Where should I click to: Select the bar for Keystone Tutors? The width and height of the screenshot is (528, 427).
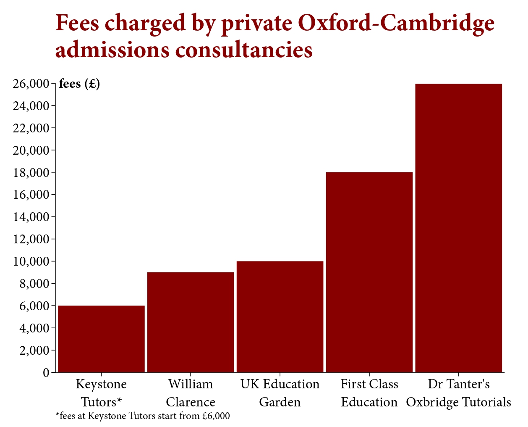point(101,339)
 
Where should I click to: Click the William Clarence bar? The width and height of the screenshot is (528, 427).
point(191,322)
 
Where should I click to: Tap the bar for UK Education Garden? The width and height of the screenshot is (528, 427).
point(280,316)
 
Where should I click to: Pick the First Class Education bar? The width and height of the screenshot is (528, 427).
point(369,272)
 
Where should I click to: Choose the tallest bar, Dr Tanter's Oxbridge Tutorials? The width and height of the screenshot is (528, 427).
point(458,228)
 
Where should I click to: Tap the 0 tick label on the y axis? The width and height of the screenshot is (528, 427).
point(46,373)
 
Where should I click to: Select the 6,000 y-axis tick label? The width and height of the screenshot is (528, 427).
point(34,306)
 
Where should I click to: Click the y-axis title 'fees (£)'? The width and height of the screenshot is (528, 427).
point(79,84)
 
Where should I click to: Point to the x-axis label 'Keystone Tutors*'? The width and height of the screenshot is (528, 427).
point(101,393)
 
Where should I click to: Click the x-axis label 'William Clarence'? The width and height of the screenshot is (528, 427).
point(191,393)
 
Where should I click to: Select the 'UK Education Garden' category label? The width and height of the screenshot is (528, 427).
point(280,393)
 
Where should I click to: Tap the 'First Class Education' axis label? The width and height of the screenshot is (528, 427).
point(369,393)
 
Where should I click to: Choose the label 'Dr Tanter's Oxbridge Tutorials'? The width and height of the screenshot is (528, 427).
point(458,393)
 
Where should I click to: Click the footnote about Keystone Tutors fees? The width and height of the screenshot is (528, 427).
point(143,416)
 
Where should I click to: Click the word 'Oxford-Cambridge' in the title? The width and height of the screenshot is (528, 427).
point(396,23)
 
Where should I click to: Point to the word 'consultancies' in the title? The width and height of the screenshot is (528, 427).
point(244,50)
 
